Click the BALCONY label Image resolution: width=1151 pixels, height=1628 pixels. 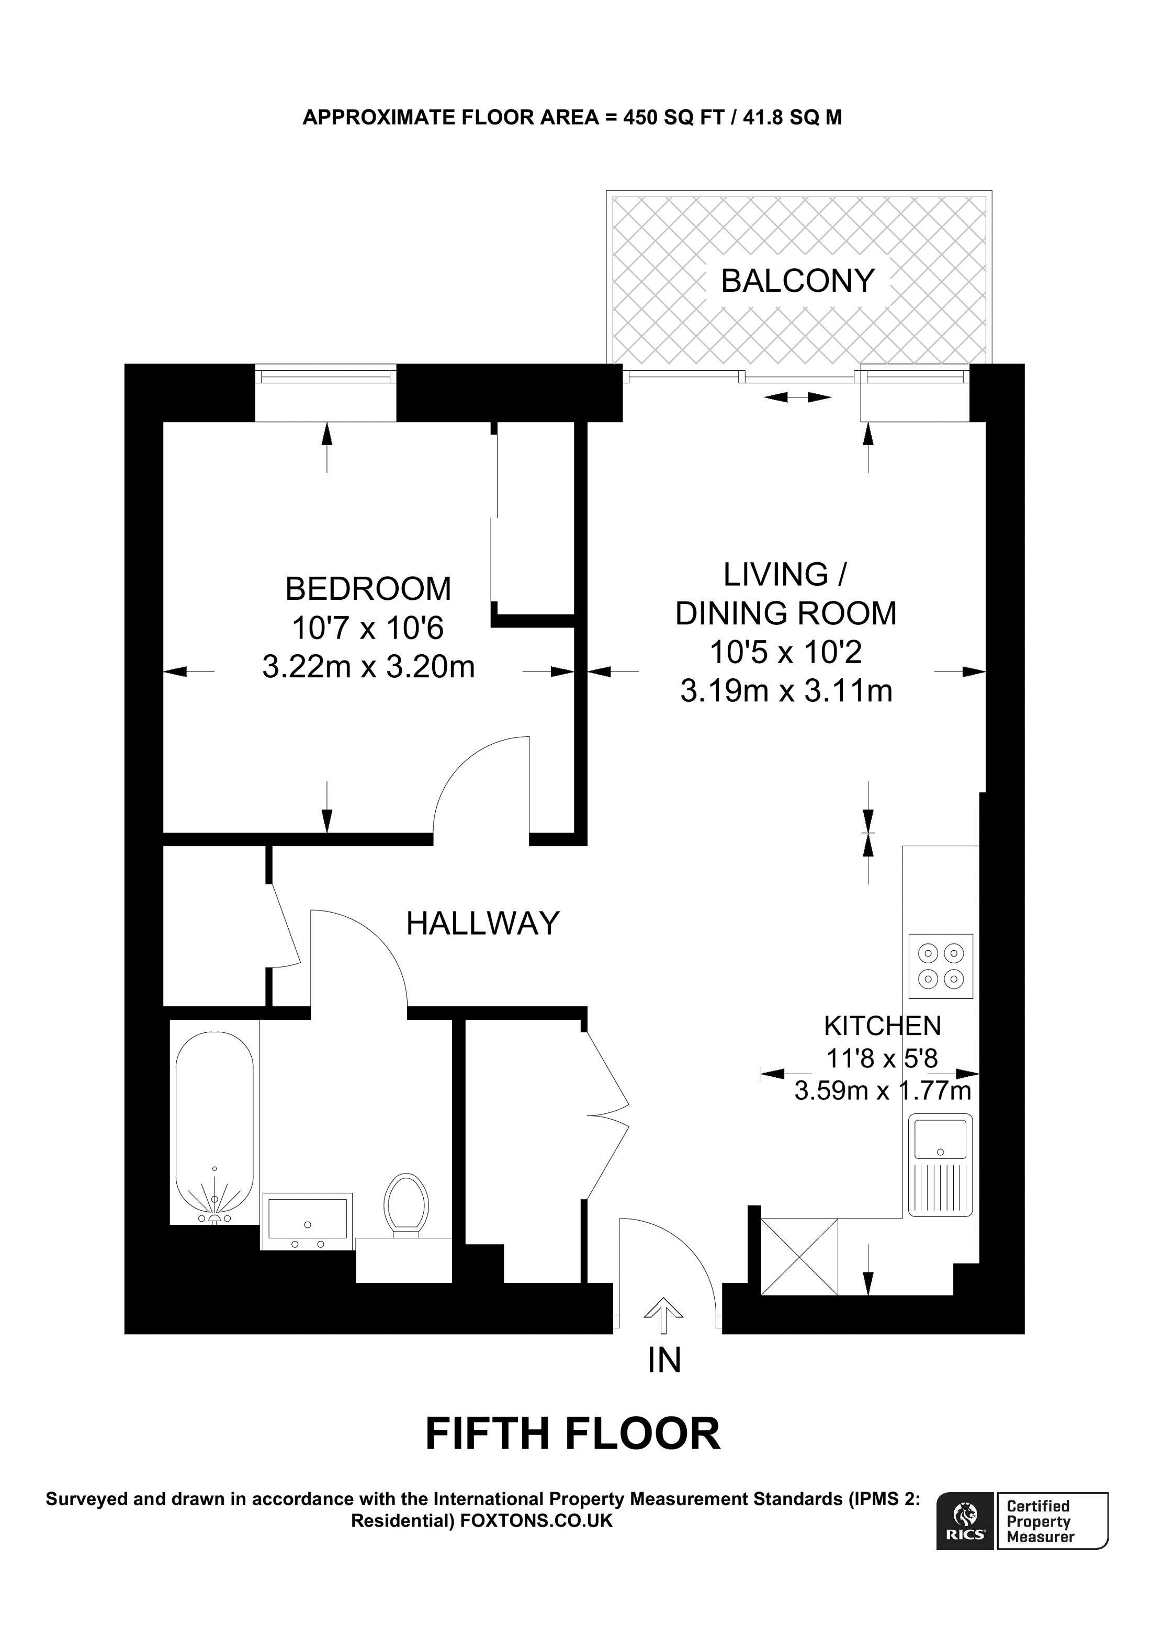797,281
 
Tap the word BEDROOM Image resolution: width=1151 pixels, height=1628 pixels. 368,589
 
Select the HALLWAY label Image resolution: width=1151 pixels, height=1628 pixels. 483,924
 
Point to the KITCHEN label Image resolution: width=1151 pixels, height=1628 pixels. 882,1026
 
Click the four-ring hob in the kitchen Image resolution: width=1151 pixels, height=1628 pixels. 940,966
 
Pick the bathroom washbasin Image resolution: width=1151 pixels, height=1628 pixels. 307,1221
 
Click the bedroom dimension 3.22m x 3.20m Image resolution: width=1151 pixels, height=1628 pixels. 368,667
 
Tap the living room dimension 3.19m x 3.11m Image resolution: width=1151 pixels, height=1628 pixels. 786,691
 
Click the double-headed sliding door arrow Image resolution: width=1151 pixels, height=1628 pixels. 798,397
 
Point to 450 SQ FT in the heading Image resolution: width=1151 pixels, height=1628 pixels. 673,118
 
